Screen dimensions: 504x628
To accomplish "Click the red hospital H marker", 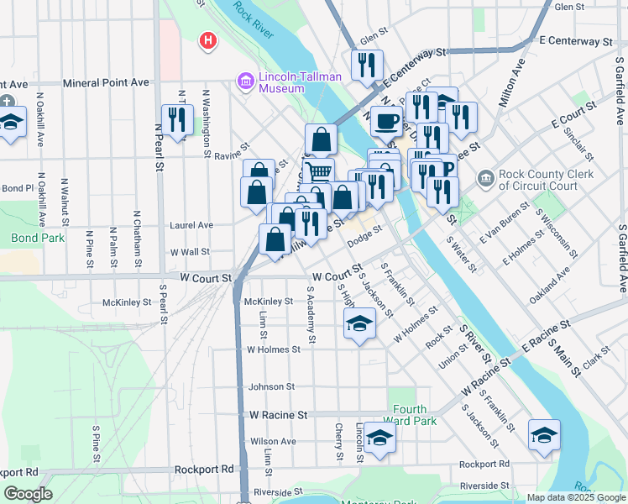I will (207, 40).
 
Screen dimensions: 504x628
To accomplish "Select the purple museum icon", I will (246, 81).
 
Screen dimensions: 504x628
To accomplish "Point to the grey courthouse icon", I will (485, 178).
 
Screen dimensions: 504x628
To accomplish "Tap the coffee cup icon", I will (386, 121).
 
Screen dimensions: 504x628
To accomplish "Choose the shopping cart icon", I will (319, 172).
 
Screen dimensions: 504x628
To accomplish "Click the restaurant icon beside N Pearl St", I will (177, 118).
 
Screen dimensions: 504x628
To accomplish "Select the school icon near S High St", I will (358, 323).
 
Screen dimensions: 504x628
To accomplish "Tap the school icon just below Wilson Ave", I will (379, 438).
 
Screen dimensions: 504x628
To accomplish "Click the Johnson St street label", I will (271, 386).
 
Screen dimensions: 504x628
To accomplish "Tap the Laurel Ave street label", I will (191, 225).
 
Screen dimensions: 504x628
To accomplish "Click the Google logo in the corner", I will (28, 494).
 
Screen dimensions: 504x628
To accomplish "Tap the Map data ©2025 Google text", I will (575, 497).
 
